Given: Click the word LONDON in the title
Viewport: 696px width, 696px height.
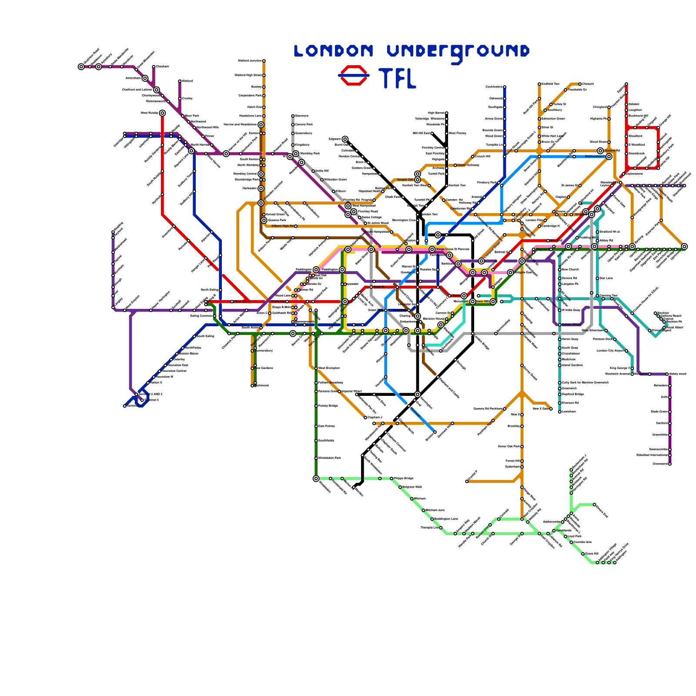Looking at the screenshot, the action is pos(334,51).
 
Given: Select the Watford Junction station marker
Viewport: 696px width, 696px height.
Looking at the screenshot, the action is pos(264,61).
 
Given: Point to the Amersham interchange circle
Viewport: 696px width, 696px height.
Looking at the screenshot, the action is pos(145,78).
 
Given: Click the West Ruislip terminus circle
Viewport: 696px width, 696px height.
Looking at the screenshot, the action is pos(162,113).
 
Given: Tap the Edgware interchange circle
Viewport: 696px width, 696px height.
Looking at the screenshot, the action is pos(345,139).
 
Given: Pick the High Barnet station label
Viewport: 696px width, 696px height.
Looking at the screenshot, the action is pos(436,113).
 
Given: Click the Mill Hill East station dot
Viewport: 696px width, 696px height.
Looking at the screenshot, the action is pos(432,133).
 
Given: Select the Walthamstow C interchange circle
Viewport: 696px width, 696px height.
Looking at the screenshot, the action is pos(609,157).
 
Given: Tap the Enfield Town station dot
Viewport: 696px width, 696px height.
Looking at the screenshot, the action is pos(539,84).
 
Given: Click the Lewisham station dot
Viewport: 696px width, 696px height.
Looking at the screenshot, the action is pos(560,412).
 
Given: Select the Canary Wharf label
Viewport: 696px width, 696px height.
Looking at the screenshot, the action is pos(571,325).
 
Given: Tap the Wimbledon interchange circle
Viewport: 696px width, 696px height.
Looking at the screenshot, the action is pos(316,478).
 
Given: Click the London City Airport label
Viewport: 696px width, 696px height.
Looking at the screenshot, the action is pos(611,351).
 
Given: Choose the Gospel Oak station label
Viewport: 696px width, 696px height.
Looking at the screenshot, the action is pos(405,179).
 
